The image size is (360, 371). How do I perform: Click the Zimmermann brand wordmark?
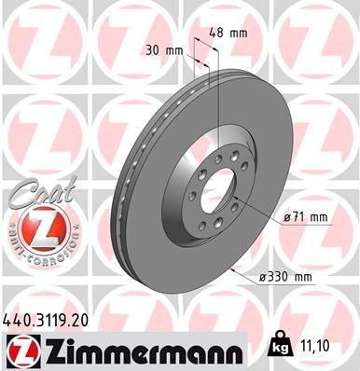(128, 350)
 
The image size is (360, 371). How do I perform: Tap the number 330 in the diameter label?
(290, 276)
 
